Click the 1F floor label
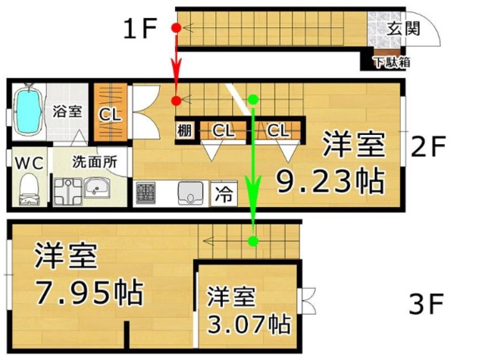140,29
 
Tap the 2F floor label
428,146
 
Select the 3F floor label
426,304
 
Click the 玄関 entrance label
403,29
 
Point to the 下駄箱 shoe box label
393,62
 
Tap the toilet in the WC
29,189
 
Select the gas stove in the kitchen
145,193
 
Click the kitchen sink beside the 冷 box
190,193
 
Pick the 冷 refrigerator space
224,194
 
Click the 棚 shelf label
185,130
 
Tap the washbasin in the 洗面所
97,188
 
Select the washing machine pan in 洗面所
68,192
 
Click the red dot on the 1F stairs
177,28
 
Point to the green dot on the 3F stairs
254,240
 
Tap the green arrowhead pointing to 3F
253,193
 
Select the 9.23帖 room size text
330,180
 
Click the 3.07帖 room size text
249,324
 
